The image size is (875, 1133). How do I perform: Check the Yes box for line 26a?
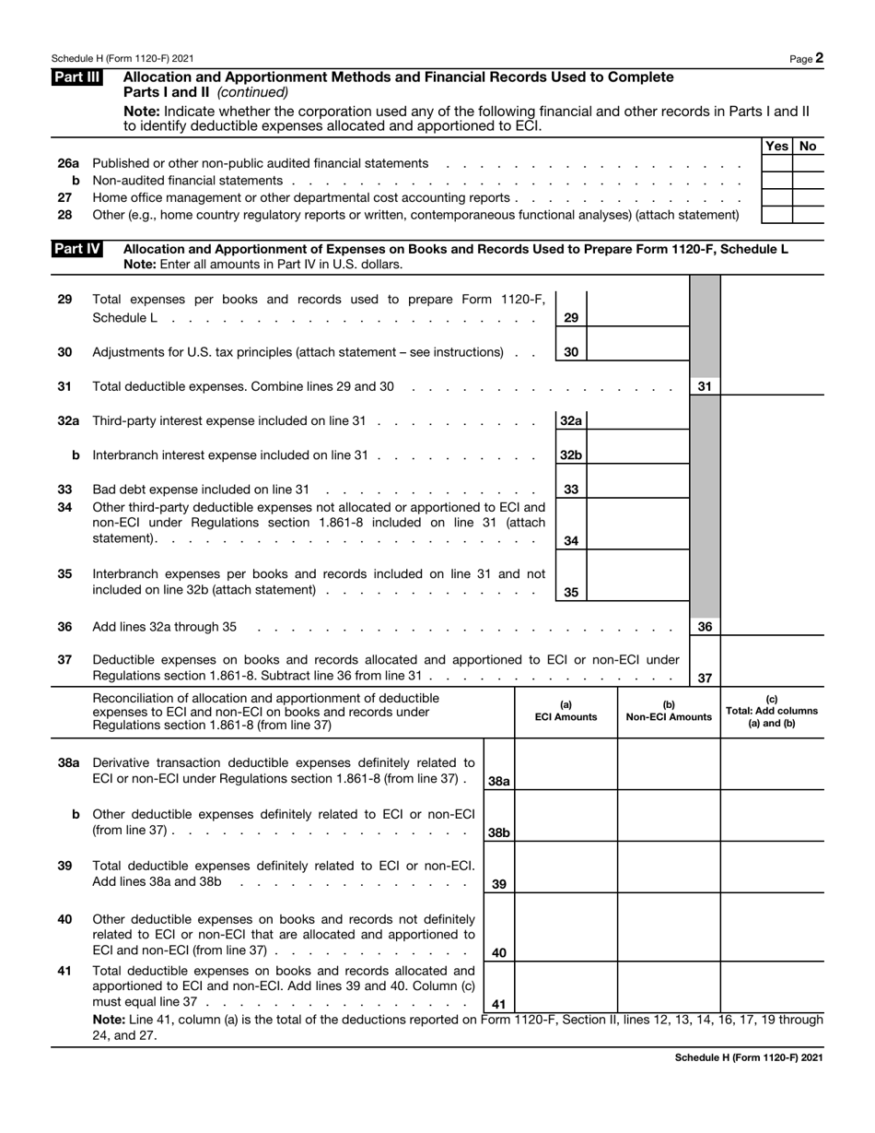(777, 163)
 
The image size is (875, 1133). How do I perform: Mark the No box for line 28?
(809, 215)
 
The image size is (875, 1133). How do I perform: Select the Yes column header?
(777, 146)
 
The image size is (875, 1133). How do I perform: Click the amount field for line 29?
(637, 309)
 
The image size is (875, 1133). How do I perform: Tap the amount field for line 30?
(637, 351)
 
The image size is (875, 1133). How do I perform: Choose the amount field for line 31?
(771, 386)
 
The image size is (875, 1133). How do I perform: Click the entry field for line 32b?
(637, 454)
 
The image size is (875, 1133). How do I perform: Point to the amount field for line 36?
(771, 627)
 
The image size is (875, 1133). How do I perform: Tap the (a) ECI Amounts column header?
(566, 711)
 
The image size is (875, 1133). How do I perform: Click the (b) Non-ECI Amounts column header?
(669, 711)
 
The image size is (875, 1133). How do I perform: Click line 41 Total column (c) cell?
(772, 986)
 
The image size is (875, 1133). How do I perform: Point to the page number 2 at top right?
(819, 58)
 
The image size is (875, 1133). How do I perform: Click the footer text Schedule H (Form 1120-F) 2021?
(749, 1057)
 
